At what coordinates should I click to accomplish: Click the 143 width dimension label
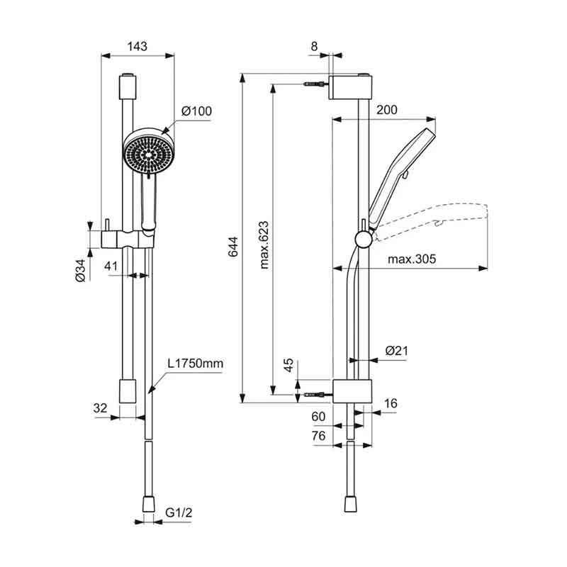coord(137,47)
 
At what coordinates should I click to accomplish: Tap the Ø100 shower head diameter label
coord(197,111)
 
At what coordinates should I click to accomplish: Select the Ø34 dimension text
coord(81,271)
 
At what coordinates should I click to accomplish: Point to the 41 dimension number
coord(111,266)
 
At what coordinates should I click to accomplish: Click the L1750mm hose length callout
coord(195,363)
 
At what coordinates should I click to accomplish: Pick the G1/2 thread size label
coord(179,512)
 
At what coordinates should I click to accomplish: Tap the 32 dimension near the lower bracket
coord(100,408)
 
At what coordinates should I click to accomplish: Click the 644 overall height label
coord(233,247)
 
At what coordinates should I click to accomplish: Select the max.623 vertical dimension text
coord(264,245)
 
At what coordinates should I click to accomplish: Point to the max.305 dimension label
coord(412,259)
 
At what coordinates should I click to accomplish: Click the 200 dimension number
coord(386,110)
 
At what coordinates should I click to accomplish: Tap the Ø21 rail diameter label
coord(397,351)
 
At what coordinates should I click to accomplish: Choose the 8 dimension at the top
coord(314,46)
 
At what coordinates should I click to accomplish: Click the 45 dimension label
coord(288,366)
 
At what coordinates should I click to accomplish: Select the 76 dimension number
coord(318,436)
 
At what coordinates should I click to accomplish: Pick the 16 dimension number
coord(391,403)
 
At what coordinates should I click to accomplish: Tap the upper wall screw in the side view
coord(316,84)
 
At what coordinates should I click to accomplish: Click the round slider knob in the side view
coord(363,240)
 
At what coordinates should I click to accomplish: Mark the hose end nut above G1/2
coord(149,504)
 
